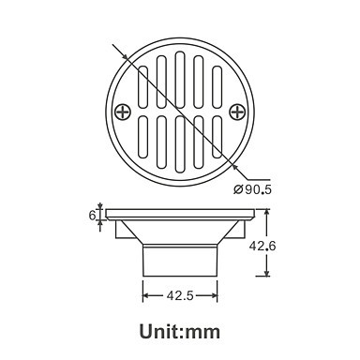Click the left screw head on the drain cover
coord(123,112)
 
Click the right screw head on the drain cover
coord(237,112)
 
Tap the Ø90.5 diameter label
coord(252,189)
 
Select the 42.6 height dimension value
coord(262,247)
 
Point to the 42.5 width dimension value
coord(180,295)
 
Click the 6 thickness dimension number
coord(92,216)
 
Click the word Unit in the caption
coord(160,331)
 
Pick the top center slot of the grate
coord(180,80)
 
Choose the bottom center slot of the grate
coord(180,144)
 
